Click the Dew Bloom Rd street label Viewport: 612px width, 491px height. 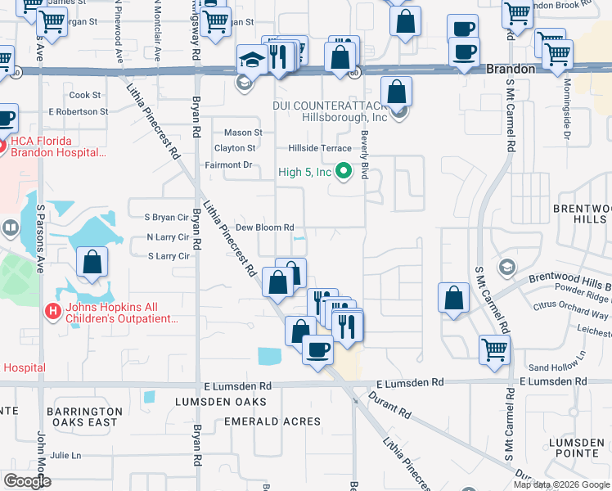(264, 227)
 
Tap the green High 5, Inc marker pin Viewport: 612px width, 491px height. (344, 172)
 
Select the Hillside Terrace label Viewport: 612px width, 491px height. (319, 148)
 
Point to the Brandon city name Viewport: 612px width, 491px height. (511, 70)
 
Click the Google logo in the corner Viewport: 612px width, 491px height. (26, 481)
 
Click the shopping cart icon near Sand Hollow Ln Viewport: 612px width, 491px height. (495, 349)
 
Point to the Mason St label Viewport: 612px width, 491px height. (243, 132)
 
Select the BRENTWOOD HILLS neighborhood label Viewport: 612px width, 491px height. (581, 214)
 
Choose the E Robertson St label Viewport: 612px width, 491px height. (79, 111)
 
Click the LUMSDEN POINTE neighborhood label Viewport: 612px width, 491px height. (577, 448)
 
